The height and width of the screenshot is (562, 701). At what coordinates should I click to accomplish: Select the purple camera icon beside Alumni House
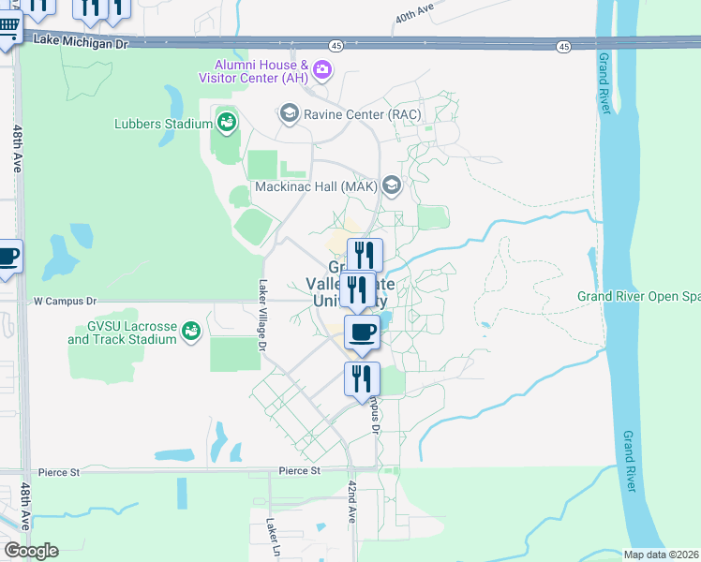[323, 68]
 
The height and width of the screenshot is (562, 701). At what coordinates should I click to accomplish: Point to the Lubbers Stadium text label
[163, 123]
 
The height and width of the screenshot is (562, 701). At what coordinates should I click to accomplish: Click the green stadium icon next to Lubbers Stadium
[226, 120]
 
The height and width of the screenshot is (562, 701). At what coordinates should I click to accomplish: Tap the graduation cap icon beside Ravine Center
[289, 114]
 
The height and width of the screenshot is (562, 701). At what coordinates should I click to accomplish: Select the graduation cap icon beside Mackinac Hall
[391, 185]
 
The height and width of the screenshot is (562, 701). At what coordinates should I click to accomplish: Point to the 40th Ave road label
[415, 13]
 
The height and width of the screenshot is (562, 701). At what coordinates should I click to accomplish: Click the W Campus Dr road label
[66, 302]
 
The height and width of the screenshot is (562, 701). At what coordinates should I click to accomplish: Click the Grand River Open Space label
[637, 297]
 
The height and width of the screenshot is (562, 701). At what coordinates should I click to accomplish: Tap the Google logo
[31, 551]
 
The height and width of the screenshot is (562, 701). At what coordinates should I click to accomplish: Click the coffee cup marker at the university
[363, 332]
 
